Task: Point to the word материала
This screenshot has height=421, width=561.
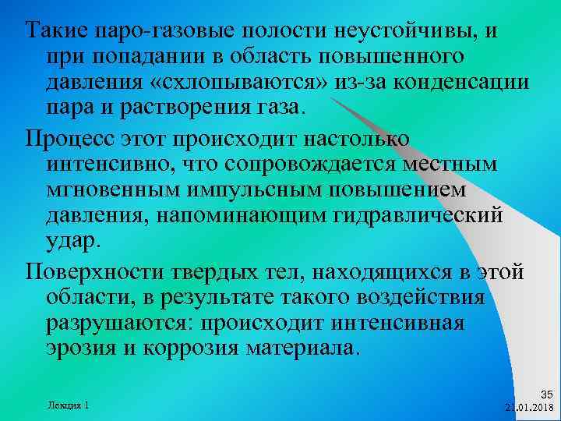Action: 304,347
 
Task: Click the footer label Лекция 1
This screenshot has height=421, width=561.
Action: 68,405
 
